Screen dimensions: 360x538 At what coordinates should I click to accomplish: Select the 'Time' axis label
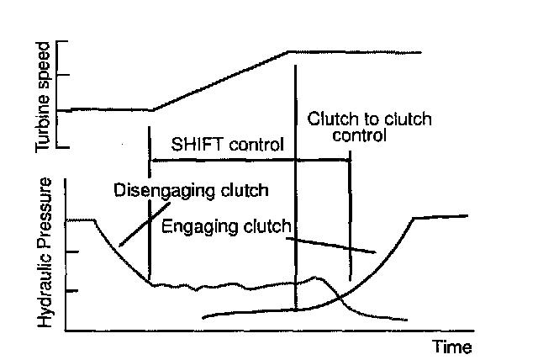[x=452, y=346]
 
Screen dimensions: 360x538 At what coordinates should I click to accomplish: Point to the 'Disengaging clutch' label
[x=191, y=190]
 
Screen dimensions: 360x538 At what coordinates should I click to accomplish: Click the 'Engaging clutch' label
[x=225, y=226]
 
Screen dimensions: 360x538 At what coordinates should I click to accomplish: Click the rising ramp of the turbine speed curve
[x=220, y=81]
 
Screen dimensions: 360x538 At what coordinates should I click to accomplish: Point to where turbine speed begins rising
[x=152, y=109]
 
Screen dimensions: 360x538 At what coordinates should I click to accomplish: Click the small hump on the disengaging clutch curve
[x=316, y=277]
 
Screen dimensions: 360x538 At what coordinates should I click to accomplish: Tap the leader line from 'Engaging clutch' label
[x=336, y=243]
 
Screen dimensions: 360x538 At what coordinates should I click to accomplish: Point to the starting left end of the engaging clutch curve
[x=205, y=318]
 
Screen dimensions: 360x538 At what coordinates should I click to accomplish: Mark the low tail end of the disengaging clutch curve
[x=406, y=319]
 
